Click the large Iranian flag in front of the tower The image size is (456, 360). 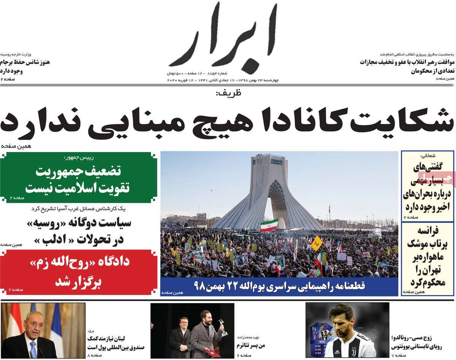(269, 224)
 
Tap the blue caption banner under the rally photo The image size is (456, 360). (279, 286)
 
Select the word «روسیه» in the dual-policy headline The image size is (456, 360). (40, 223)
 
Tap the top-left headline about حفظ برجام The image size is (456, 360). (25, 66)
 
